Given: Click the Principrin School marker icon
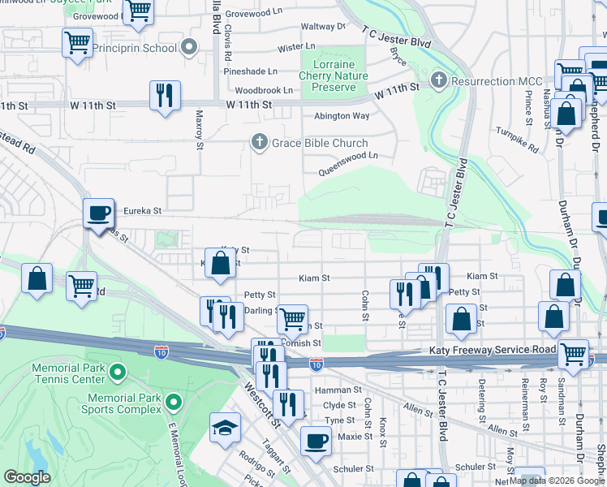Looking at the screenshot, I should click(x=190, y=48).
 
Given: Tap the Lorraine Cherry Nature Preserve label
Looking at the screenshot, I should click(x=334, y=75).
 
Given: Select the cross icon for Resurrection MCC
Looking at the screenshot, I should click(x=439, y=81).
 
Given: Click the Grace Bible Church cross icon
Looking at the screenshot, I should click(x=259, y=142).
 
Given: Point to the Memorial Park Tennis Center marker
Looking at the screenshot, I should click(x=118, y=373).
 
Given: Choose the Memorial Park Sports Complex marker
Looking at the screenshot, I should click(x=173, y=402).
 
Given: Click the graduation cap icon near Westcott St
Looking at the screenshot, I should click(x=225, y=428).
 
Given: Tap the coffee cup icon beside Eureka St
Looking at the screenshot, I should click(x=99, y=213).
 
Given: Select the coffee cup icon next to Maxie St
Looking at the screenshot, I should click(x=316, y=441).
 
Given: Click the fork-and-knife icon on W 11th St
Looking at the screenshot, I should click(x=165, y=95).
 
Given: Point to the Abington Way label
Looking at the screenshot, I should click(x=342, y=116).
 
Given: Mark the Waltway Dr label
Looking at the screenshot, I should click(x=323, y=27).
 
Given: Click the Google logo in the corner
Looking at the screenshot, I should click(x=27, y=477).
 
